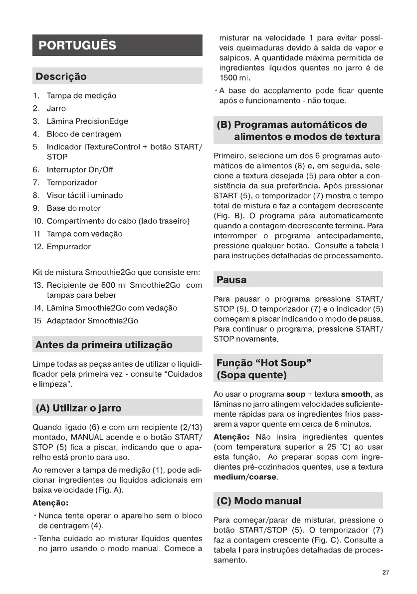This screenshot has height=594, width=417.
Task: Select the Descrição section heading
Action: pos(60,76)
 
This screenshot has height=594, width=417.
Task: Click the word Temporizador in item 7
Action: pos(72,182)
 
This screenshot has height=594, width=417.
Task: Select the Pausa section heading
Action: pos(231,279)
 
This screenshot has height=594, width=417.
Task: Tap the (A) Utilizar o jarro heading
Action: pos(78,408)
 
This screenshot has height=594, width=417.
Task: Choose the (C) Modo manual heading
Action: pos(259,501)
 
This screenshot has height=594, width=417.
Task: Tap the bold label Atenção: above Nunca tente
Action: pos(50,502)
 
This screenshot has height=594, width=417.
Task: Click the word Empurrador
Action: pos(69,247)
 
